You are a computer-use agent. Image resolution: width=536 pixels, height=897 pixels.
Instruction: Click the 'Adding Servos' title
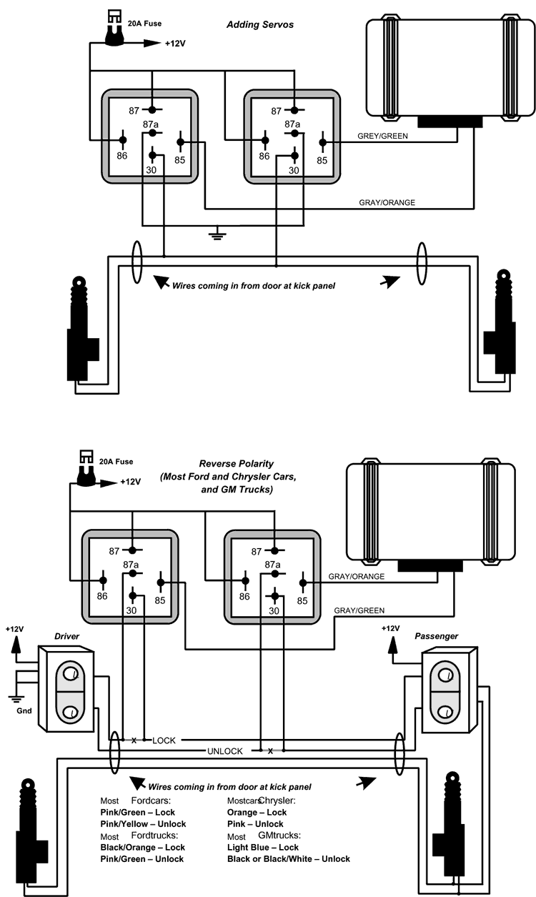260,24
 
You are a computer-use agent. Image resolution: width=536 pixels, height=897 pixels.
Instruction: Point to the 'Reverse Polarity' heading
237,465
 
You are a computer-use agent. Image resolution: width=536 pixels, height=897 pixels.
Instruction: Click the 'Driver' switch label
66,635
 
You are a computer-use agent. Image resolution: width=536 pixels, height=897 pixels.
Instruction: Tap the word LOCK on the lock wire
164,740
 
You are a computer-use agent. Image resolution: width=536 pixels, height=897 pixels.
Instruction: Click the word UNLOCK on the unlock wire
225,751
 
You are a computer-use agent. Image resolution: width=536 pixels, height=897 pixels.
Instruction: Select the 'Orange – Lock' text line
257,813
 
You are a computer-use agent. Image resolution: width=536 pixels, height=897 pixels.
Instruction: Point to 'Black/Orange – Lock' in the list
142,847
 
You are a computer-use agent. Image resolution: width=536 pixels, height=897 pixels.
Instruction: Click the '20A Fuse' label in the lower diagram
116,462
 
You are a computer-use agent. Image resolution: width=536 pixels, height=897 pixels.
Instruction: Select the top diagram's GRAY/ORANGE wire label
387,202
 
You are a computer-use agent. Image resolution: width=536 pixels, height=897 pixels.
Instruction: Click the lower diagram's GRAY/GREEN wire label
359,610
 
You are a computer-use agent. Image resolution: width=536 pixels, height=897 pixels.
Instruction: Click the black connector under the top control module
447,121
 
